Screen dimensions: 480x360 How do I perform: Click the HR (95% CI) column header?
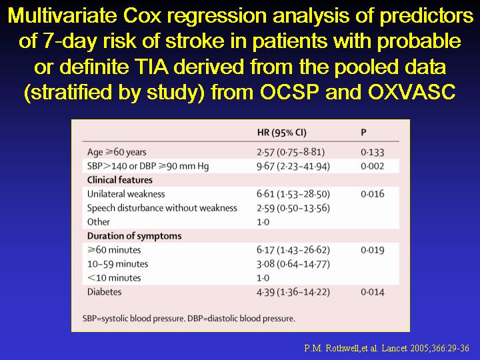point(281,133)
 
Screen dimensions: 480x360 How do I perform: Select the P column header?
point(363,132)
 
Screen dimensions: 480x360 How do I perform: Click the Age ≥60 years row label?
point(117,152)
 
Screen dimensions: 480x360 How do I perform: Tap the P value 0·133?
point(372,152)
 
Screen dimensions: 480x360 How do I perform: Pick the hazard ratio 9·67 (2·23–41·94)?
point(293,166)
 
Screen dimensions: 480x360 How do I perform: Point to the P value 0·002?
point(372,166)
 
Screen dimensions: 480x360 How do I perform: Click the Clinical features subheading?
point(120,180)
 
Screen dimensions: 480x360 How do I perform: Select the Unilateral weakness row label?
point(126,194)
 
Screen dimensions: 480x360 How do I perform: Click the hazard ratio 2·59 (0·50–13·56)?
point(293,208)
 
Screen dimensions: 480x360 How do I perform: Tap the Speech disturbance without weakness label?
point(162,208)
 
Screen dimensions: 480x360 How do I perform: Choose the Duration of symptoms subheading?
point(134,236)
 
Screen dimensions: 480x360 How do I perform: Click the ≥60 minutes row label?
point(114,250)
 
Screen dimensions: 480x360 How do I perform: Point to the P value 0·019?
point(372,250)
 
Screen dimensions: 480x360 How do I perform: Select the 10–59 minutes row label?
point(117,264)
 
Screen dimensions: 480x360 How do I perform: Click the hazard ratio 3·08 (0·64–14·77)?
point(293,264)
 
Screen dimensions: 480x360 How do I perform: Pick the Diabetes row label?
point(104,292)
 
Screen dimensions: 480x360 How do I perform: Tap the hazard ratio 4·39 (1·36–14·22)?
point(293,292)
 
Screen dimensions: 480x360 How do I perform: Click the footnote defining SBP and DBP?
point(189,319)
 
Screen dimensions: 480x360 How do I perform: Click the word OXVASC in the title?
point(412,91)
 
